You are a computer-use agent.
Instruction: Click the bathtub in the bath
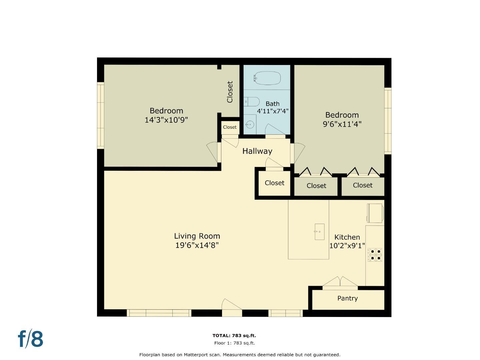[x=267, y=78]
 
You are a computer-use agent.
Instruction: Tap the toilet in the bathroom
[x=252, y=102]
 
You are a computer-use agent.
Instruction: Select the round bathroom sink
[x=250, y=125]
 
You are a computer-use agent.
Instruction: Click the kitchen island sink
[x=319, y=232]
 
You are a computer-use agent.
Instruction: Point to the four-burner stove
[x=375, y=255]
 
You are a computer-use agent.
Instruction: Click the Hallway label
[x=257, y=151]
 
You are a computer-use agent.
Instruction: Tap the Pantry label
[x=347, y=298]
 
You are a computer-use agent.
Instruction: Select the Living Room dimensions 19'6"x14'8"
[x=197, y=245]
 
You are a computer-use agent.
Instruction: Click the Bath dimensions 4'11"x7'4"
[x=273, y=111]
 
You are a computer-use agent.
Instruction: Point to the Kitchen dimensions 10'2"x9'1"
[x=347, y=246]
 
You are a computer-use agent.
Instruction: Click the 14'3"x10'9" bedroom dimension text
[x=166, y=120]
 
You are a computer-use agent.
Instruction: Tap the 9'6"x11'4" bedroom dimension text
[x=342, y=124]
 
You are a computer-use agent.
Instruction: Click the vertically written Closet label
[x=230, y=92]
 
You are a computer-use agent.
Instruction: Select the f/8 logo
[x=30, y=339]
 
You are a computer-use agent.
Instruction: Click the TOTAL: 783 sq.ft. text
[x=234, y=336]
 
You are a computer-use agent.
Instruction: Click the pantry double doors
[x=340, y=282]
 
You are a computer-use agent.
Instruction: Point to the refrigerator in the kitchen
[x=375, y=213]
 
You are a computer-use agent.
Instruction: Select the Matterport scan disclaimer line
[x=240, y=355]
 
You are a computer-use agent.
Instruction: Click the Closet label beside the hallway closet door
[x=275, y=183]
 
